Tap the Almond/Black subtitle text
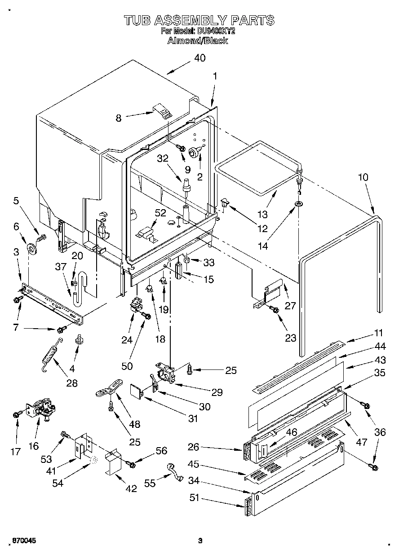[198, 41]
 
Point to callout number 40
[199, 58]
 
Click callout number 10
[363, 177]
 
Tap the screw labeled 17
[17, 414]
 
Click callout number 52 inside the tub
[161, 214]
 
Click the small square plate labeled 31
[136, 391]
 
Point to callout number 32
[162, 158]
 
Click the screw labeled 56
[132, 465]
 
